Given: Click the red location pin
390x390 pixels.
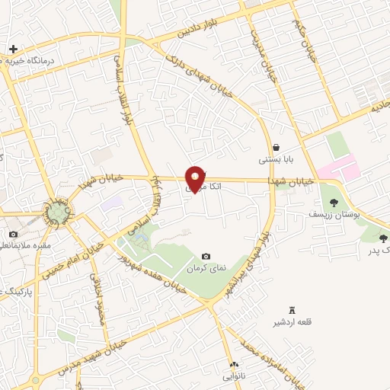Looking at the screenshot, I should (x=196, y=178).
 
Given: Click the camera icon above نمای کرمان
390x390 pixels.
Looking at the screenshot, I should (x=206, y=257).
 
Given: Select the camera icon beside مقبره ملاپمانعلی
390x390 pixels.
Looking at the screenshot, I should (x=13, y=234).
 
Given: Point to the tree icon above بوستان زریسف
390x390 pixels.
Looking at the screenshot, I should (x=333, y=202).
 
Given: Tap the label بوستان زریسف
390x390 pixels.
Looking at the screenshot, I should (x=333, y=216).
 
